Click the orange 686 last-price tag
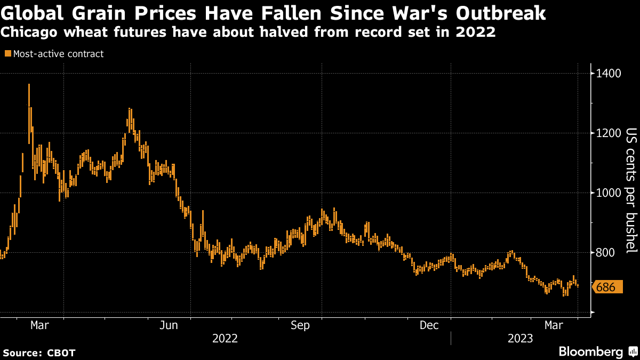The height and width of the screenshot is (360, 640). click(606, 287)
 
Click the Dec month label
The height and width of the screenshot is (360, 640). click(429, 325)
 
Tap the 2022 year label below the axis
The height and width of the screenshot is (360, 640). click(225, 338)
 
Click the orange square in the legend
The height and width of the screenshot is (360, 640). click(7, 53)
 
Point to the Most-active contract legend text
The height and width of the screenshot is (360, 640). click(58, 54)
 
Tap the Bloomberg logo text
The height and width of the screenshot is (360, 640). click(590, 351)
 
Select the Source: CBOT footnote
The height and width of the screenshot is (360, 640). click(39, 353)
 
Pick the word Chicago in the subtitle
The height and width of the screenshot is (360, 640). click(28, 33)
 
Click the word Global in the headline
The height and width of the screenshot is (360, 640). click(31, 13)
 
